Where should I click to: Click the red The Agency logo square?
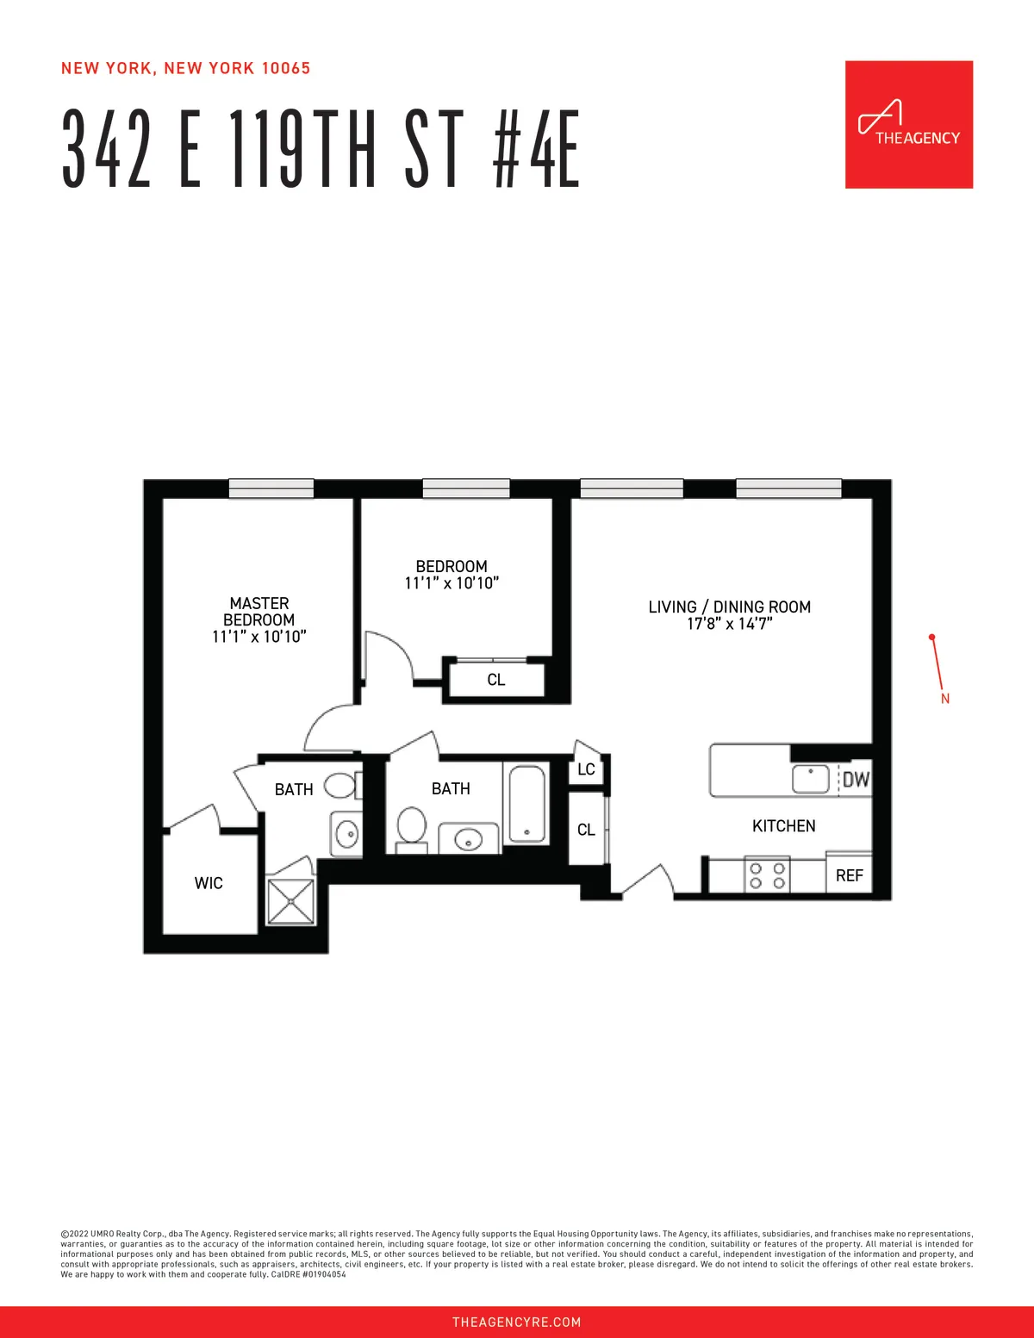pyautogui.click(x=909, y=124)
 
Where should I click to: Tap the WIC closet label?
pyautogui.click(x=209, y=883)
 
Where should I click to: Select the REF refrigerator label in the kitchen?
pyautogui.click(x=849, y=875)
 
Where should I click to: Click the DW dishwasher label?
pyautogui.click(x=856, y=780)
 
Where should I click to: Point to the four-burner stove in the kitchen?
pyautogui.click(x=767, y=876)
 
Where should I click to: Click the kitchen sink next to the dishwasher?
pyautogui.click(x=811, y=779)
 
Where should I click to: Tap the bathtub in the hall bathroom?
pyautogui.click(x=526, y=804)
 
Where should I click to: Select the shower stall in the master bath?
pyautogui.click(x=291, y=900)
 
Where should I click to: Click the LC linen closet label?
pyautogui.click(x=586, y=769)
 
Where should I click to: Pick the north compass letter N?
pyautogui.click(x=945, y=699)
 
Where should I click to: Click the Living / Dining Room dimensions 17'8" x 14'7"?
pyautogui.click(x=729, y=624)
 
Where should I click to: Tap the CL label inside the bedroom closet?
pyautogui.click(x=496, y=680)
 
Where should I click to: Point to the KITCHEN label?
pyautogui.click(x=783, y=826)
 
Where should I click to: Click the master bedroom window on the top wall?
pyautogui.click(x=271, y=489)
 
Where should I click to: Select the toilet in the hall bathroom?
pyautogui.click(x=411, y=827)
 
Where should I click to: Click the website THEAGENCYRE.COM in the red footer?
pyautogui.click(x=516, y=1322)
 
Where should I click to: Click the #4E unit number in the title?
pyautogui.click(x=536, y=150)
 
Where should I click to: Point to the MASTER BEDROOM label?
pyautogui.click(x=258, y=612)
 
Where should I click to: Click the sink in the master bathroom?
pyautogui.click(x=347, y=833)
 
